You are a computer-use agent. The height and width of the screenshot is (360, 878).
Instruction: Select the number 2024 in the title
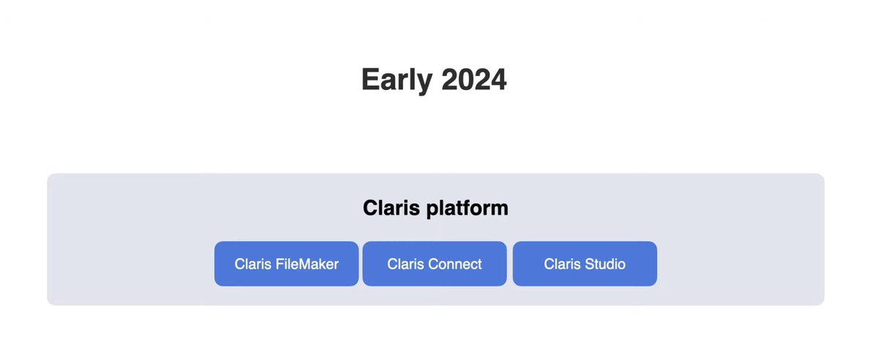pos(474,79)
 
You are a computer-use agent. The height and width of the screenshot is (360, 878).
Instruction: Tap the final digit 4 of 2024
pos(498,79)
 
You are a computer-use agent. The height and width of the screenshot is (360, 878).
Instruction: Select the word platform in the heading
pos(467,209)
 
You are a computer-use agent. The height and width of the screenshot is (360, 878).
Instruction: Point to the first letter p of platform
pos(432,210)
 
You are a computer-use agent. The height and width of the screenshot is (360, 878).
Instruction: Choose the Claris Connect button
pos(435,263)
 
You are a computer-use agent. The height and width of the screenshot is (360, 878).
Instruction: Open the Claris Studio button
pos(585,263)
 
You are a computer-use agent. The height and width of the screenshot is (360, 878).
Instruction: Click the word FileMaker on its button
pos(307,264)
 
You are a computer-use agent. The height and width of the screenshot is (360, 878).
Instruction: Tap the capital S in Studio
pos(585,264)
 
